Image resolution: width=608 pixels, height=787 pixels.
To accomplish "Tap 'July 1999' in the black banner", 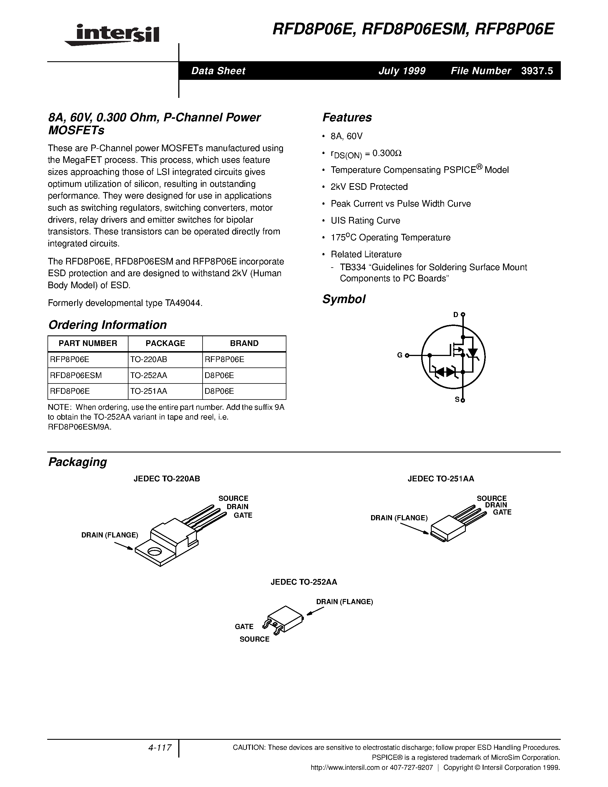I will click(x=402, y=71).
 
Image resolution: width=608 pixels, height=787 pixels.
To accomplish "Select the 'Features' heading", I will click(x=347, y=117).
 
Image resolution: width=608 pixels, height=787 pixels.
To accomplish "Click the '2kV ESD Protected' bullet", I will click(x=369, y=187).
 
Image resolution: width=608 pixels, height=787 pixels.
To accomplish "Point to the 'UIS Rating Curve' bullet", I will click(x=365, y=221).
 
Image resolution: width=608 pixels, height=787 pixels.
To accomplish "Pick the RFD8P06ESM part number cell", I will click(x=76, y=375).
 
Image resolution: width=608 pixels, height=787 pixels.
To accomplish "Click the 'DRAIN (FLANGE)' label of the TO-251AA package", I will click(x=399, y=518).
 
